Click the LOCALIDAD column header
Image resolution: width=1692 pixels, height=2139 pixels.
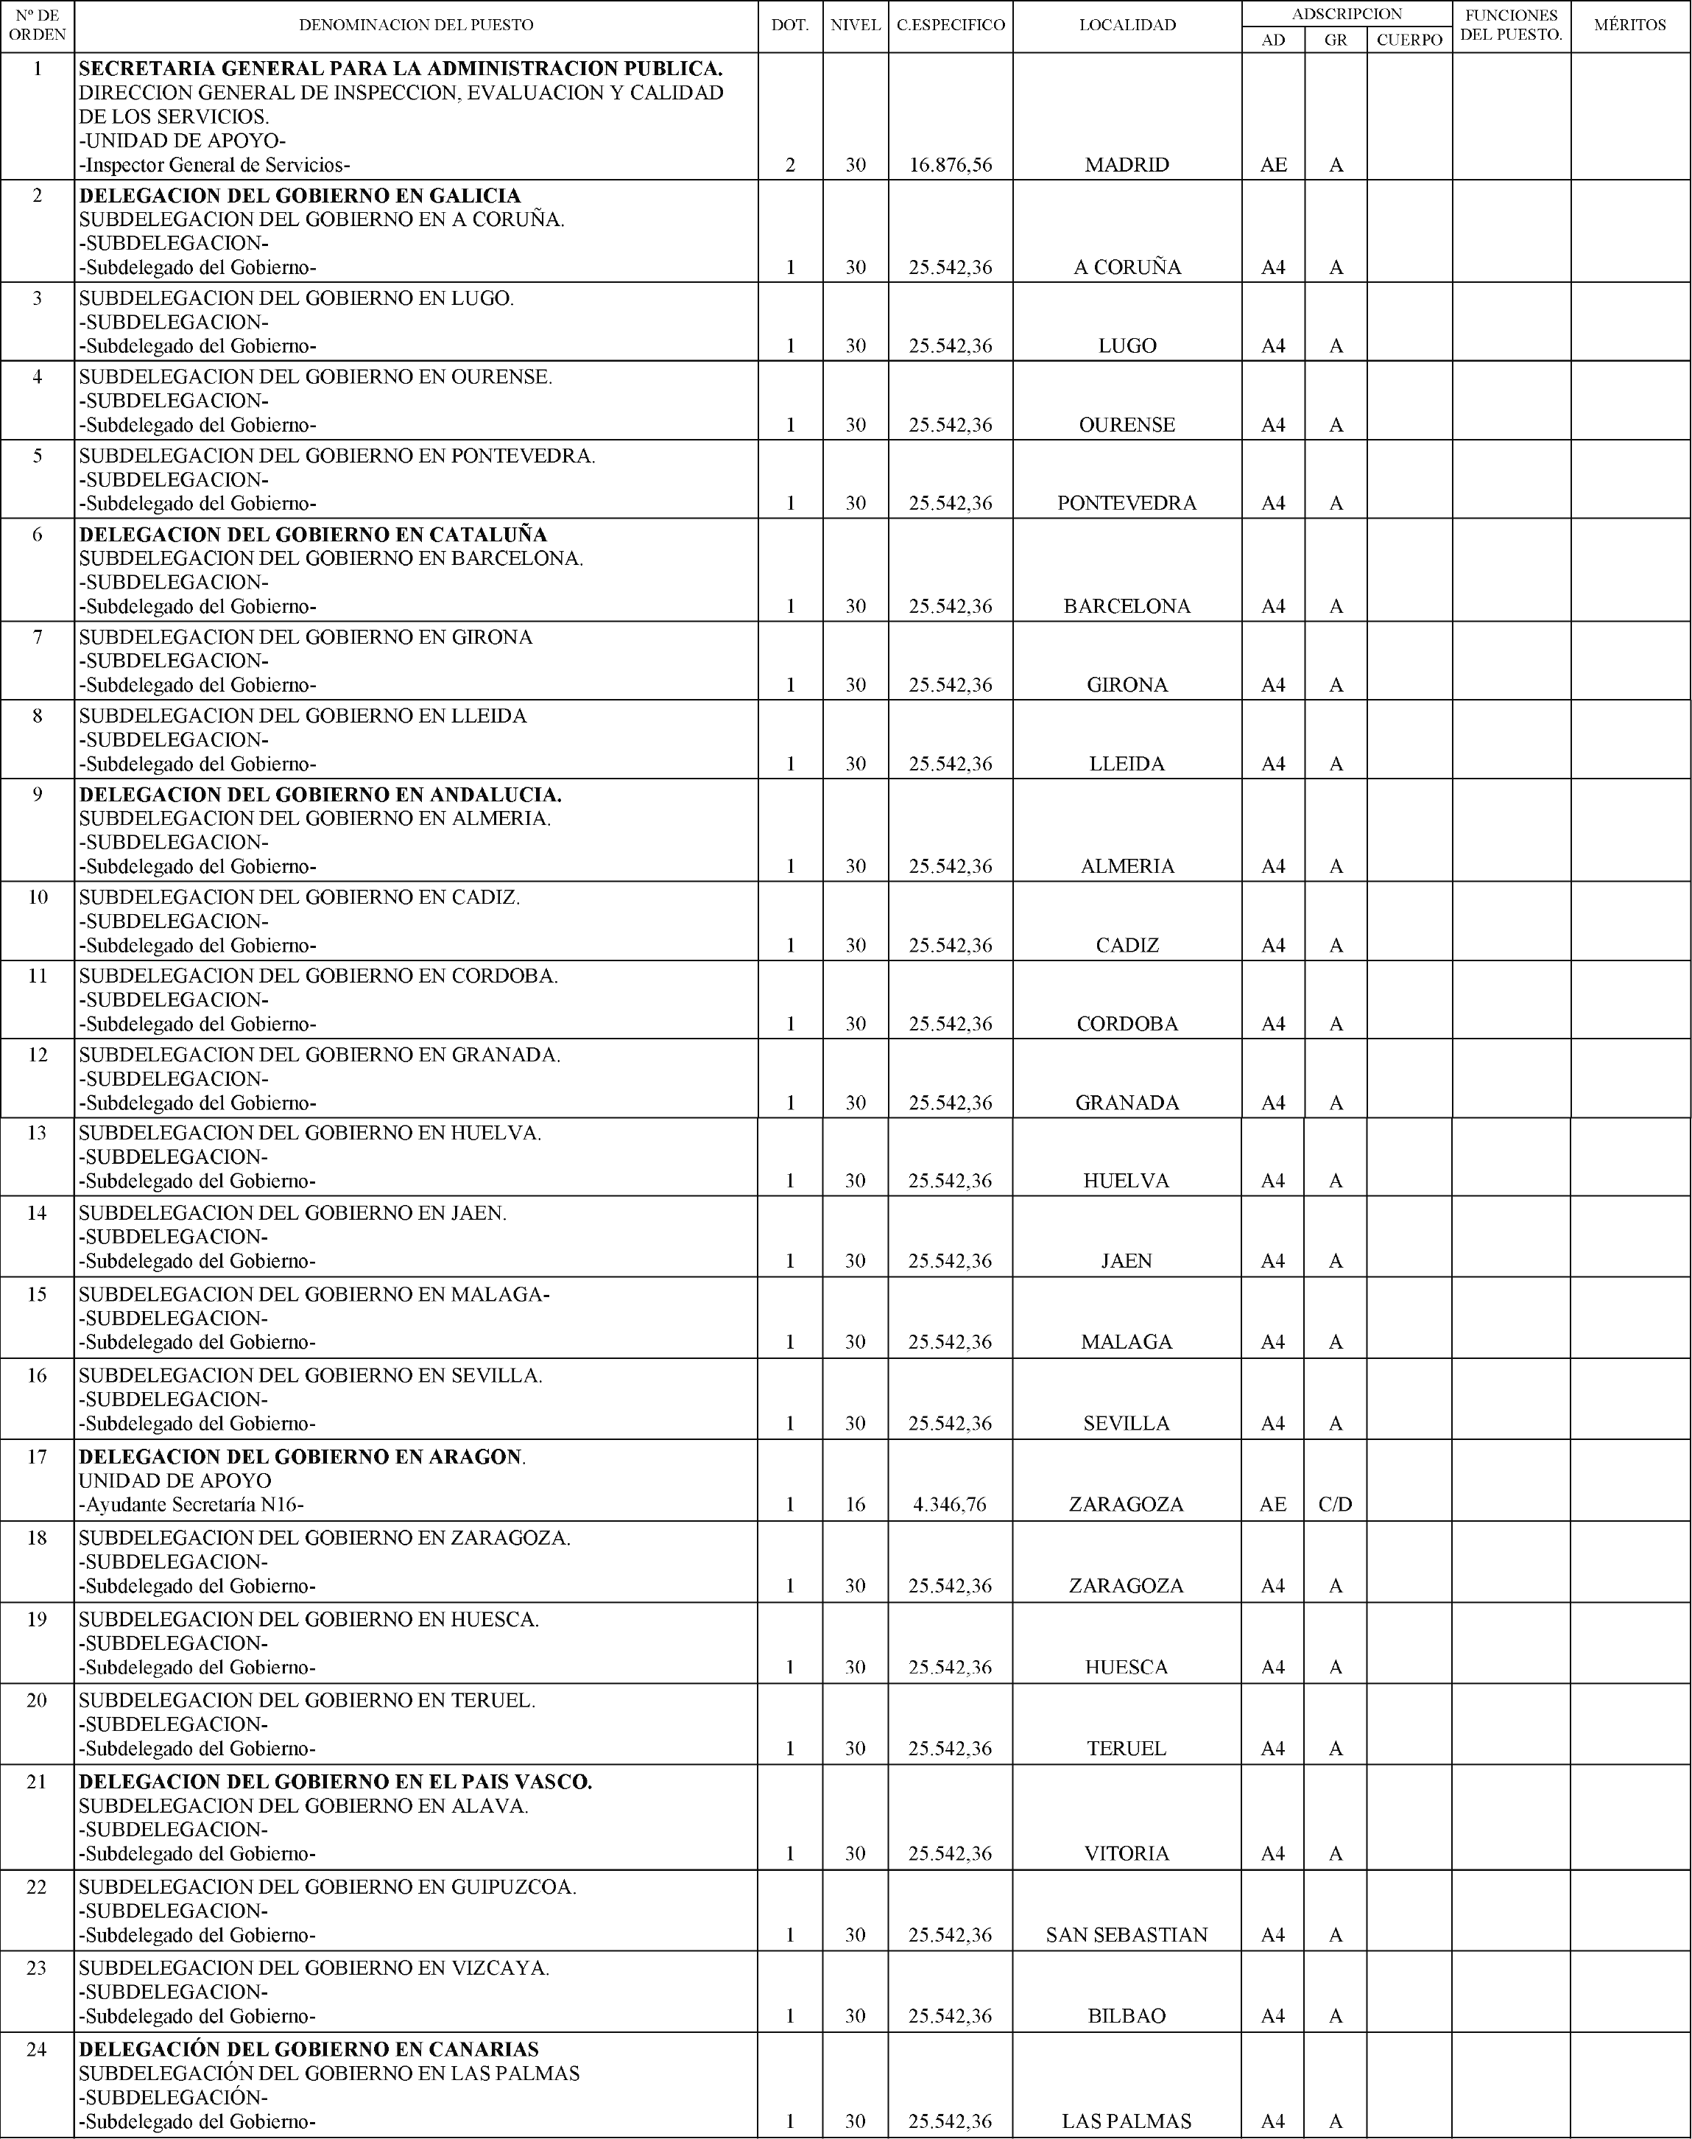click(1127, 26)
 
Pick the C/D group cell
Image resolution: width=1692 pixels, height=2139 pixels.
click(1336, 1505)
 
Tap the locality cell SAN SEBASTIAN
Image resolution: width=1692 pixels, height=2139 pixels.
click(1127, 1935)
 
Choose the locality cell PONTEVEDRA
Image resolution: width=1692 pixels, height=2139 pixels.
click(1127, 503)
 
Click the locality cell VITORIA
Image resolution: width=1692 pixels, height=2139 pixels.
click(1127, 1854)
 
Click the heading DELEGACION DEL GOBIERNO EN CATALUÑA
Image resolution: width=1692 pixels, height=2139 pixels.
click(313, 535)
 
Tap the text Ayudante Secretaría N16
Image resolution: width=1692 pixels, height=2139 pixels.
click(192, 1505)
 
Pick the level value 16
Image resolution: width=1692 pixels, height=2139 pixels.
click(856, 1505)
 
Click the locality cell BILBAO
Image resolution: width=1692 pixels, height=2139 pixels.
click(1127, 2016)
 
